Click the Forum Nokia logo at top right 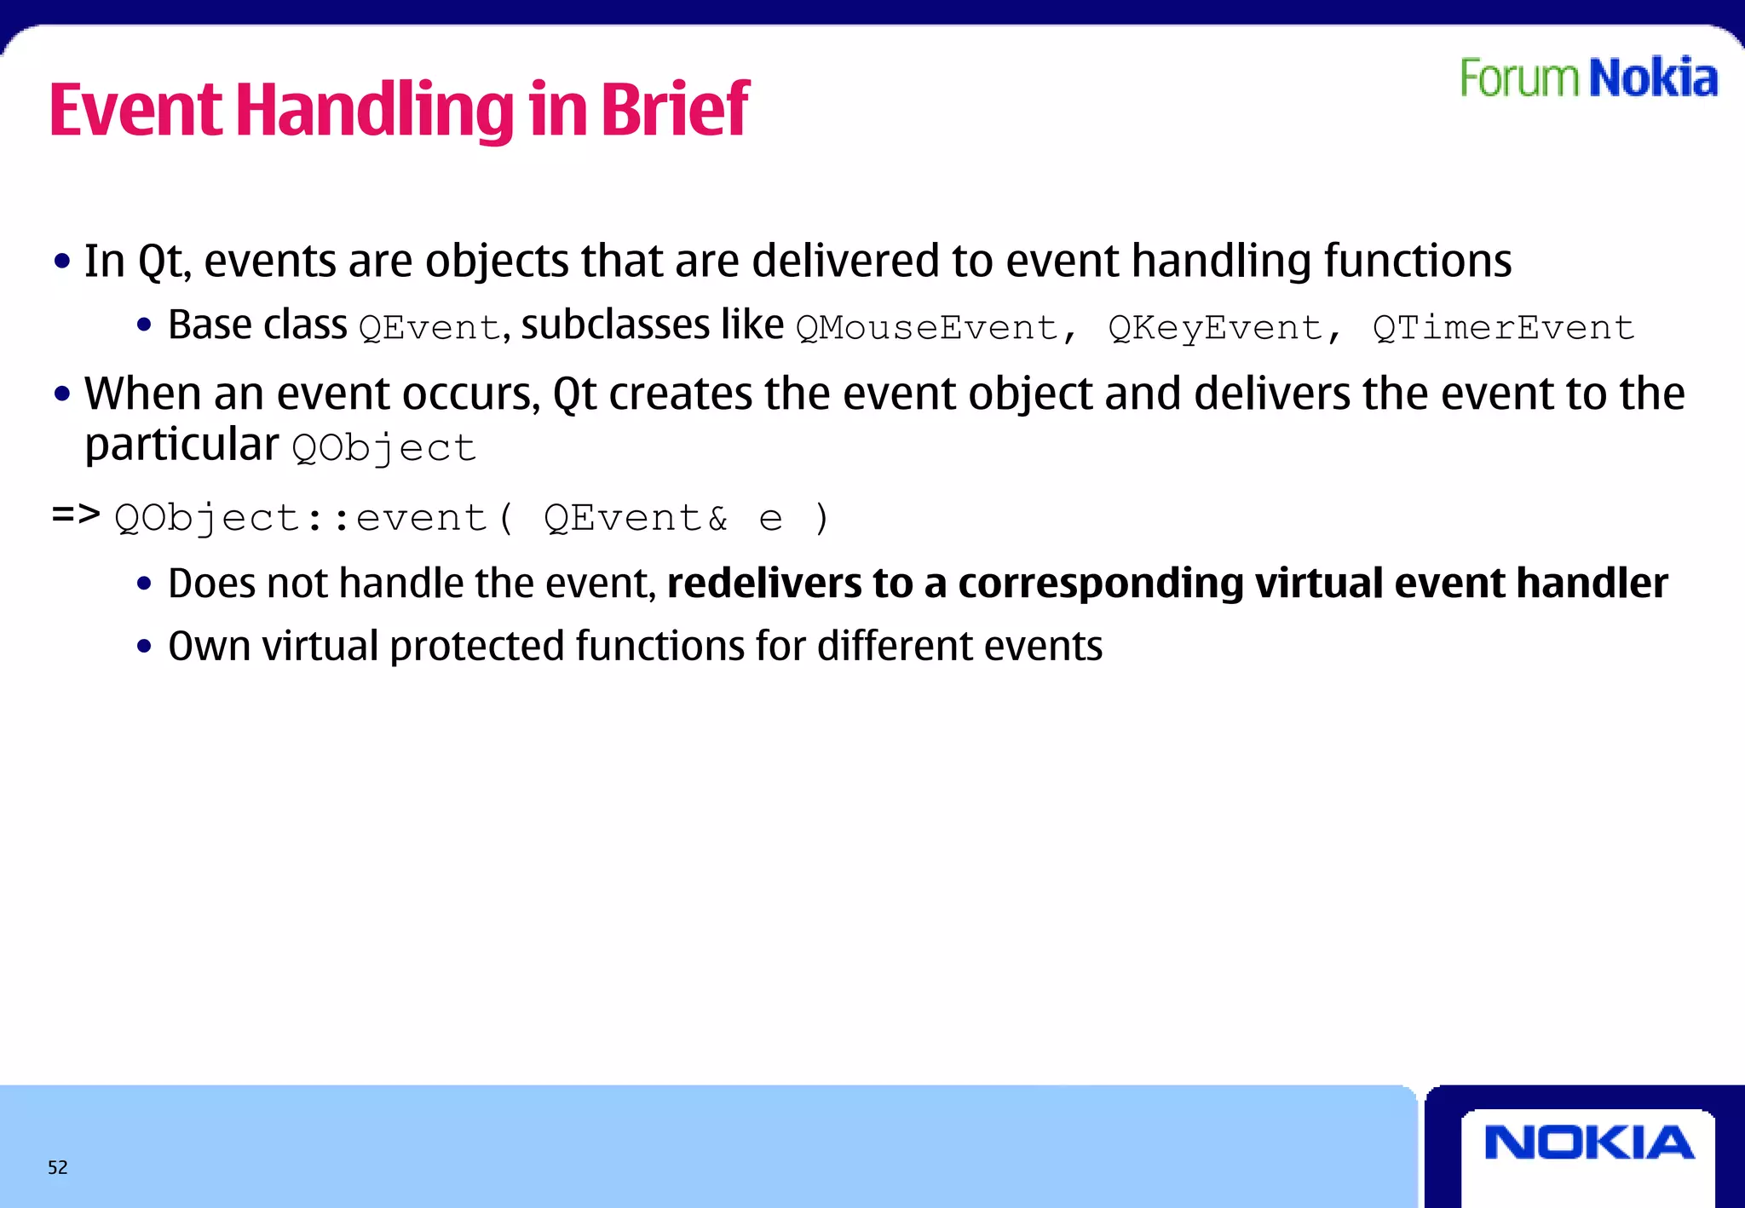point(1588,78)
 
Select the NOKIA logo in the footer point(1588,1142)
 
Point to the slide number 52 point(57,1167)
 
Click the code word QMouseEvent point(927,328)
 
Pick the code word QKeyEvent point(1216,328)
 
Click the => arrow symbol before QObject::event point(76,514)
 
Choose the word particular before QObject point(181,446)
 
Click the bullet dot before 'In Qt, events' point(61,262)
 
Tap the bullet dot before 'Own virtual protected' point(144,647)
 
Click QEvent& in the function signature point(636,518)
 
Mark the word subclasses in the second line point(615,325)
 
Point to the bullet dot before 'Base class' point(144,325)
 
